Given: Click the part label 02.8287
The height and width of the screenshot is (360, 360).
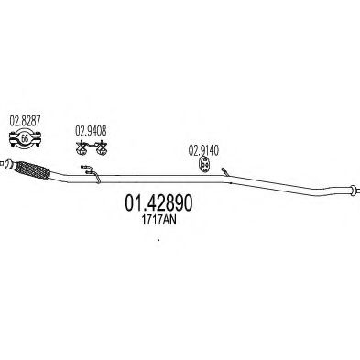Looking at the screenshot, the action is [25, 121].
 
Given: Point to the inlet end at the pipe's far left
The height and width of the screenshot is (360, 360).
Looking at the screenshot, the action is [8, 168].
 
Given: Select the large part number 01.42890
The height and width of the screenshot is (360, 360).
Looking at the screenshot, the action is [157, 201].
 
